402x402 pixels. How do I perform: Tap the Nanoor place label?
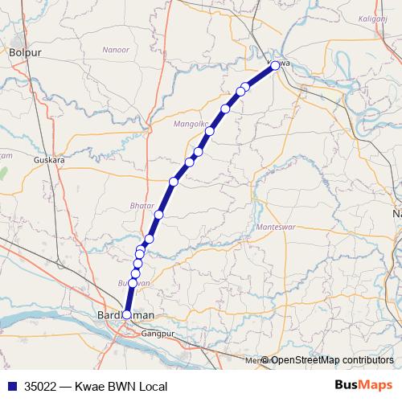coord(116,50)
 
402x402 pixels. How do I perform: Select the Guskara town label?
coord(49,160)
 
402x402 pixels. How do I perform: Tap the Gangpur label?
coord(158,333)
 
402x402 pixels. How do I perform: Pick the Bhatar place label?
coord(142,207)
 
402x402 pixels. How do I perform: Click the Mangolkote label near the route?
coord(192,124)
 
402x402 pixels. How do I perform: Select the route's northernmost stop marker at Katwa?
coord(275,65)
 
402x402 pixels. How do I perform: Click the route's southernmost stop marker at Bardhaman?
coord(126,314)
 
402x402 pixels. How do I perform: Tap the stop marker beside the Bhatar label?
coord(159,215)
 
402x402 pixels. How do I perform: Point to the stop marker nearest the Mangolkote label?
coord(210,131)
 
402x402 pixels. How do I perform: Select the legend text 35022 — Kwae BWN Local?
coord(96,386)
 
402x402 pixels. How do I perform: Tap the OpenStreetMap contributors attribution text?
coord(332,359)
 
